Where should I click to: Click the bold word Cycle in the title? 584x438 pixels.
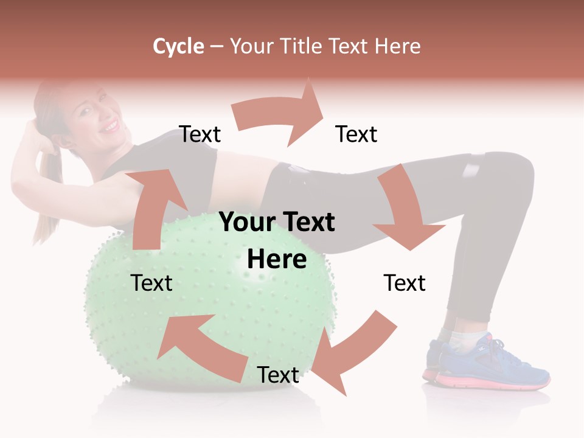[178, 46]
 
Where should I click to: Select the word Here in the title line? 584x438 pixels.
[397, 46]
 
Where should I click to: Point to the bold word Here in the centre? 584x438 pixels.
[277, 259]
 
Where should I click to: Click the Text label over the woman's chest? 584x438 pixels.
[200, 134]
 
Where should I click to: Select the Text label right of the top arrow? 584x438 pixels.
[356, 134]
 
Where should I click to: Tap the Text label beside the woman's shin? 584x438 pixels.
[405, 283]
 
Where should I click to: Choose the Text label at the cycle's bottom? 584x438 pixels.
[278, 375]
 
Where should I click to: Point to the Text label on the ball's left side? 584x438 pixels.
[151, 283]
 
